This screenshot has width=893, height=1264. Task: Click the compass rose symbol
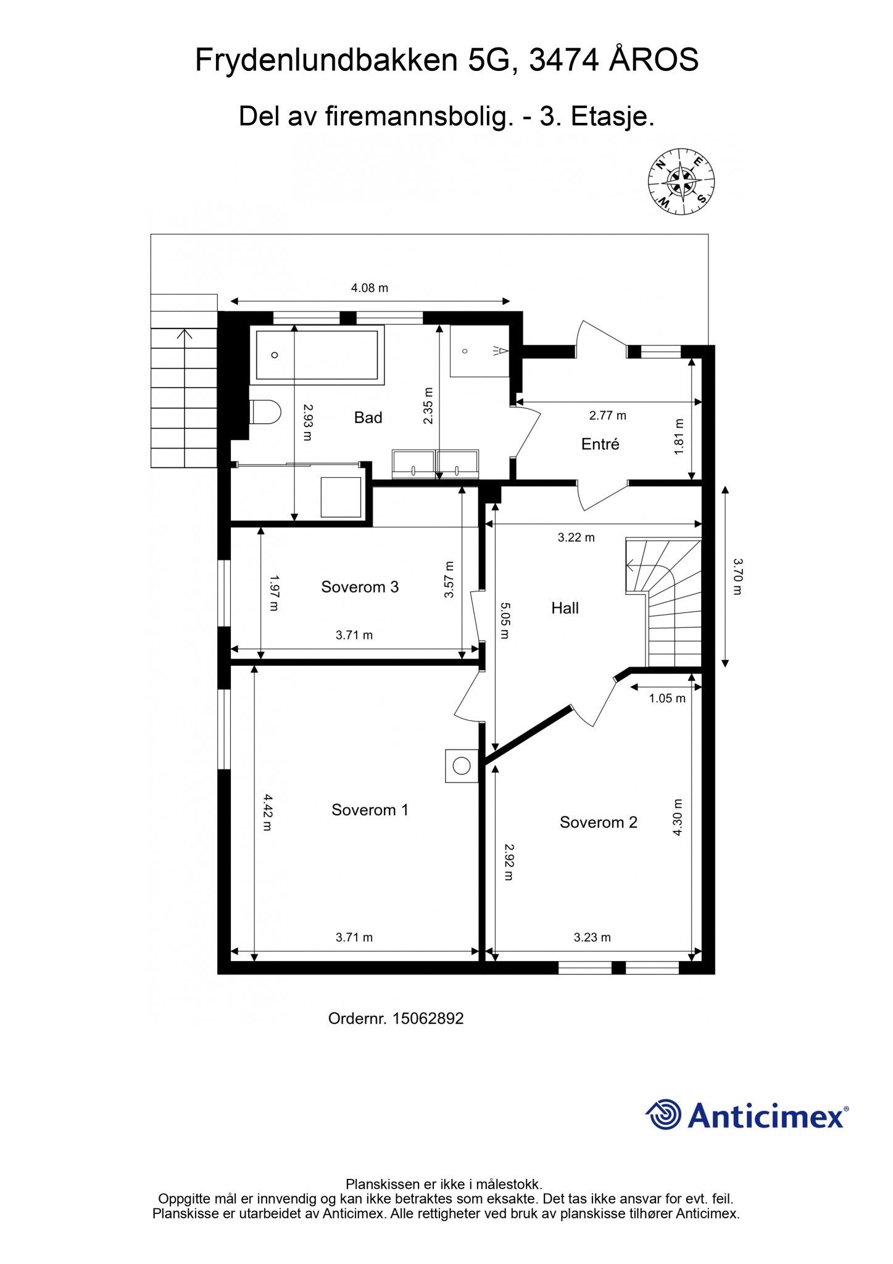tap(681, 181)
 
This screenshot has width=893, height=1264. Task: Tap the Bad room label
tap(368, 418)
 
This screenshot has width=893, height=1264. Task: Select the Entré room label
tap(600, 444)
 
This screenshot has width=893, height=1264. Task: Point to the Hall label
tap(565, 609)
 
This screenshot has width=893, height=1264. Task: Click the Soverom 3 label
tap(360, 587)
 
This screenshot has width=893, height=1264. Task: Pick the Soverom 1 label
tap(370, 810)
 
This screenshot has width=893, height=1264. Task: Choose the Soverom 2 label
tap(599, 822)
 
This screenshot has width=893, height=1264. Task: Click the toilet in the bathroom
tap(265, 412)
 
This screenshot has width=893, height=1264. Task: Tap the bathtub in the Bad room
tap(317, 355)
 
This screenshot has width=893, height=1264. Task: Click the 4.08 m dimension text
tap(370, 288)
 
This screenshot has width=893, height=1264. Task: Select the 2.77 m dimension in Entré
tap(608, 415)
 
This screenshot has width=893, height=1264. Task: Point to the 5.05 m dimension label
tap(505, 620)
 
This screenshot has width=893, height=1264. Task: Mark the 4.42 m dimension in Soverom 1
tap(267, 812)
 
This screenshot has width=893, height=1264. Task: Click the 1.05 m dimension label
tap(667, 699)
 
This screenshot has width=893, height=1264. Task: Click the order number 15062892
tap(428, 1018)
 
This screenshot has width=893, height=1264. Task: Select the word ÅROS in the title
tap(654, 60)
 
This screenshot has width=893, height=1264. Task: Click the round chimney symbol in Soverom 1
tap(462, 766)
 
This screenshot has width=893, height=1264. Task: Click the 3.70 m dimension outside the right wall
tap(738, 576)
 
